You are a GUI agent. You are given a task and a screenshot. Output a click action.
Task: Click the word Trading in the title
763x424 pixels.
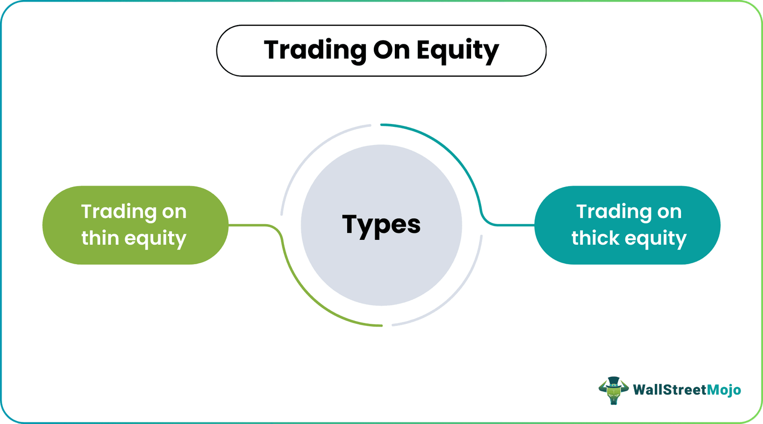point(315,50)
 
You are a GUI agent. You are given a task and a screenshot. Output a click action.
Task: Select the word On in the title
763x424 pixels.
point(391,50)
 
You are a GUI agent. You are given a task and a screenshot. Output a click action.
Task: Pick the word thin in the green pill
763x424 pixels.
point(100,238)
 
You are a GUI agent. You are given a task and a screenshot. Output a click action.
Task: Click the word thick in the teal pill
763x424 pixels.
point(595,238)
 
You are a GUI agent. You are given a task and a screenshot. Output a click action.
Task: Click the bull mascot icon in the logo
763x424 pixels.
point(613,391)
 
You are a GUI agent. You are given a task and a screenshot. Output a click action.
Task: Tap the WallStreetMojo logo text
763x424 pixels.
point(687,390)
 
